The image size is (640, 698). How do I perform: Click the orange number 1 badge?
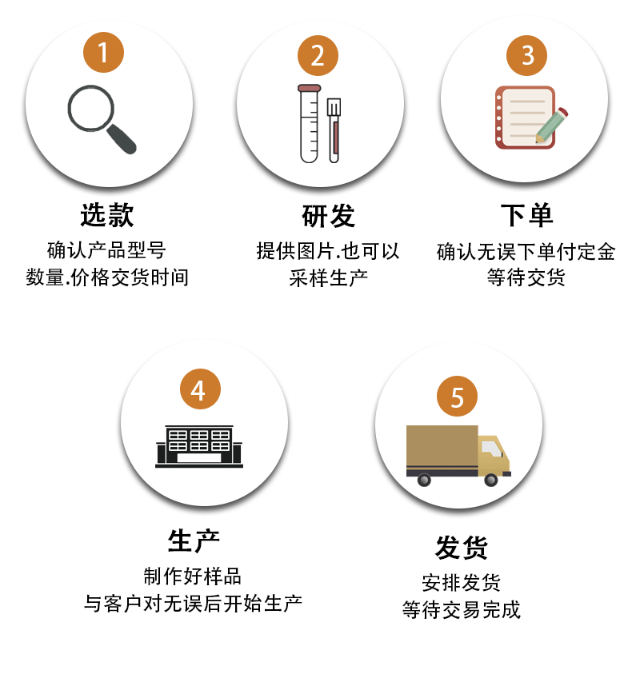(103, 52)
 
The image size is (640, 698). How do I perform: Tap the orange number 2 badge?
(318, 55)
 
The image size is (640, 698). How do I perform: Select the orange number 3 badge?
(527, 55)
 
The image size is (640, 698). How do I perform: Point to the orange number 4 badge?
(198, 390)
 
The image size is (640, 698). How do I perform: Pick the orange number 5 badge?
(457, 397)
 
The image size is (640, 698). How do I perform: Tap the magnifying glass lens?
(90, 108)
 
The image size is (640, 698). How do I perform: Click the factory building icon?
(198, 446)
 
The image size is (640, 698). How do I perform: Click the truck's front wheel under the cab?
(491, 479)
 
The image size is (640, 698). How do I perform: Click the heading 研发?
(328, 216)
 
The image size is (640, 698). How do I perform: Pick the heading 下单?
(526, 216)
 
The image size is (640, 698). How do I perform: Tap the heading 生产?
(194, 540)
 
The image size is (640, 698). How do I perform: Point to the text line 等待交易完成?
(461, 610)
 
